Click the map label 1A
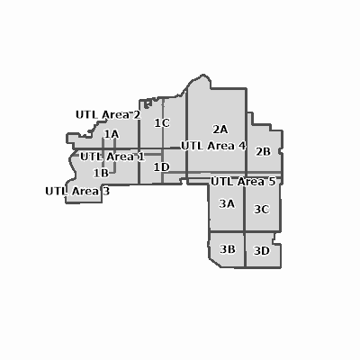[112, 134]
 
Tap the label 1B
[101, 173]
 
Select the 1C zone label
[162, 122]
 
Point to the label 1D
[162, 167]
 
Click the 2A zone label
[220, 130]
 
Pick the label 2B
[263, 151]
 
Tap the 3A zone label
[227, 203]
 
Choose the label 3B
[228, 249]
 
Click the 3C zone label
[262, 209]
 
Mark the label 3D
[262, 250]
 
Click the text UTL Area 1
[112, 157]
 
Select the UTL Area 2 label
[108, 114]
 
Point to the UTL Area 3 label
[77, 191]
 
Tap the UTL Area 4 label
[213, 146]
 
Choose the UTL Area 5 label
[243, 181]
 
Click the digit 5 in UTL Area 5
[272, 181]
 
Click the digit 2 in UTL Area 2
[137, 114]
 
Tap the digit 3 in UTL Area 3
[106, 191]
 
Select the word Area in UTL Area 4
[220, 146]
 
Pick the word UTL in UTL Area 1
[90, 157]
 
